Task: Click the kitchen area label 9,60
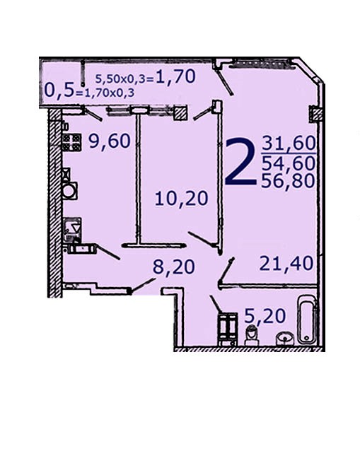pos(110,141)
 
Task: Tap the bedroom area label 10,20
pos(181,199)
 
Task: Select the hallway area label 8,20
pos(173,267)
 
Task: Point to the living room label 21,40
pos(286,263)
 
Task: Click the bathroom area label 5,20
pos(265,316)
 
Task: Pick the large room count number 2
pos(240,161)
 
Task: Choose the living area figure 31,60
pos(289,143)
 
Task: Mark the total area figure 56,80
pos(288,181)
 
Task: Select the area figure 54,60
pos(289,163)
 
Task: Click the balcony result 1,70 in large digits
pos(175,76)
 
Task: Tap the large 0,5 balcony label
pos(59,91)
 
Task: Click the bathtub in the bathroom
pos(307,320)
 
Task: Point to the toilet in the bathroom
pos(252,335)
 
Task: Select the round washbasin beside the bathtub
pos(285,338)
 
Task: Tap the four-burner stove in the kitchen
pos(71,143)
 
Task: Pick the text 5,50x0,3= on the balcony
pos(125,78)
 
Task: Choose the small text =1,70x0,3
pos(104,93)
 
